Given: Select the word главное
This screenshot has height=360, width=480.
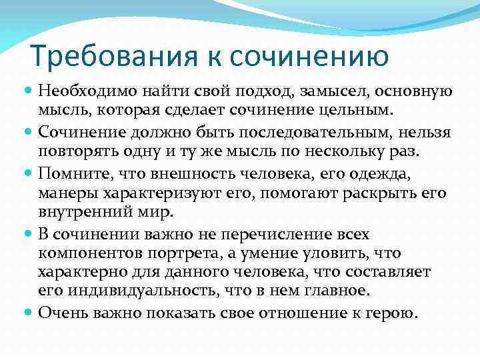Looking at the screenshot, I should click(337, 290).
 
